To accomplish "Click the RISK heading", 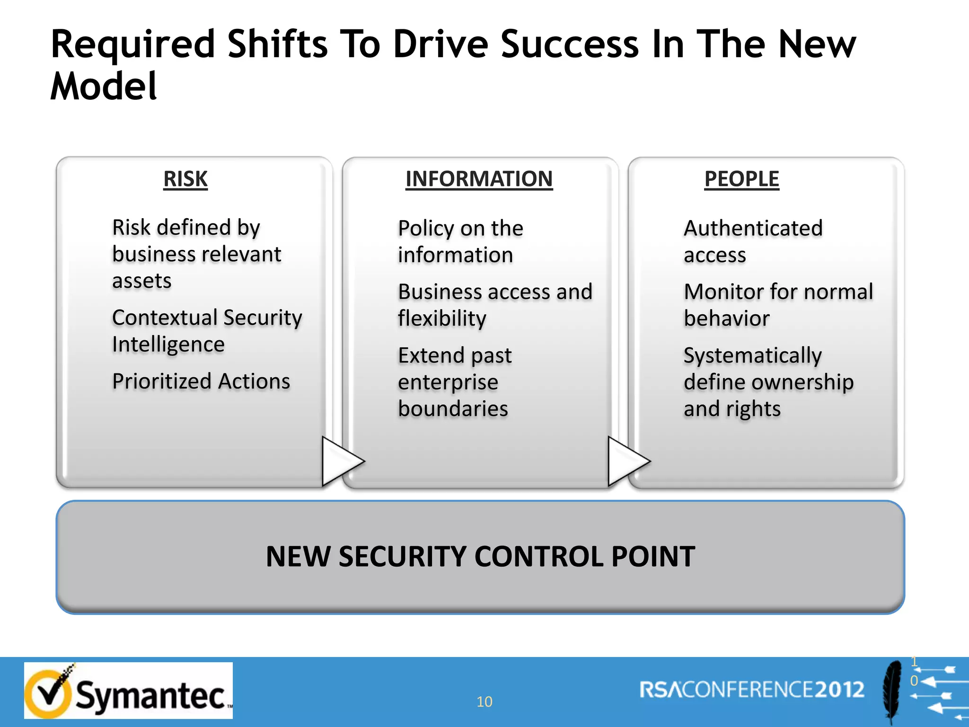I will coord(185,179).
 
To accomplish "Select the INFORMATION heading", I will coord(479,179).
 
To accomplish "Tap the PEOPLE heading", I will coord(741,179).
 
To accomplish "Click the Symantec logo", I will coord(128,691).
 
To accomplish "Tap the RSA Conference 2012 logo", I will coord(752,690).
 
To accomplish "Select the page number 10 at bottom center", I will coord(484,701).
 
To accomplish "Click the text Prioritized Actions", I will coord(201,381).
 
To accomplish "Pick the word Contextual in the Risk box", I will coord(165,318).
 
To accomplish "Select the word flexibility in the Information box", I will coord(442,319).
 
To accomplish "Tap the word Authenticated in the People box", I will coord(753,229).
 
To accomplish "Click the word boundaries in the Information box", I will coord(453,409).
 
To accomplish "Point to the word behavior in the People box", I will coord(726,319).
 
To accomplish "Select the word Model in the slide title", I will coord(103,87).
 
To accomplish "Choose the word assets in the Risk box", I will coord(141,281).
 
